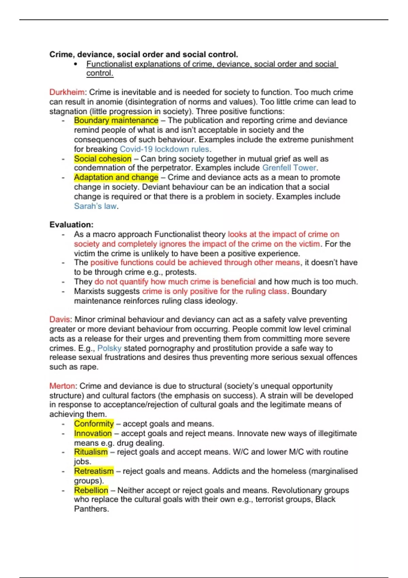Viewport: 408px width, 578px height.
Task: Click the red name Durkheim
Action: (x=67, y=92)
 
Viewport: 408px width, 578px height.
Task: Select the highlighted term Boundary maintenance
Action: (x=116, y=120)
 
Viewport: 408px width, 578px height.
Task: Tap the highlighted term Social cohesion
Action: (x=103, y=159)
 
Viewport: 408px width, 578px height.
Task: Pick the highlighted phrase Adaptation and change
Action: (x=116, y=177)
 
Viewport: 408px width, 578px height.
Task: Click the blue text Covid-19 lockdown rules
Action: (x=164, y=149)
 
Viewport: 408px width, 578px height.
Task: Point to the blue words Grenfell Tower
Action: (x=289, y=168)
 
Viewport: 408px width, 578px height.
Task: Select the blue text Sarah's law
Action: (x=95, y=206)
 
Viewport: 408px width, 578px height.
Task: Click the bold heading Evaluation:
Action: (x=71, y=225)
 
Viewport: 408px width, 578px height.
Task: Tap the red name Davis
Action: (x=60, y=320)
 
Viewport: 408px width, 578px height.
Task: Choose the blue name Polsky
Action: (x=109, y=348)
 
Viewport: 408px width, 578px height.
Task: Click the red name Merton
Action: (x=62, y=386)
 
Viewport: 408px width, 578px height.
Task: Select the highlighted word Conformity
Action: (x=94, y=424)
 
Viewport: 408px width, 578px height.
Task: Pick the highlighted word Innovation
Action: (x=93, y=434)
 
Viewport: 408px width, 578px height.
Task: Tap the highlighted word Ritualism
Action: (x=91, y=452)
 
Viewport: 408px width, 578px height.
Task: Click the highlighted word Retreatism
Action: (x=94, y=471)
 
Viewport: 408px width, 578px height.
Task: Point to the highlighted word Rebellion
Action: (x=91, y=490)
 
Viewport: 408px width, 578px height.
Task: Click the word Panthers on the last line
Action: (x=91, y=509)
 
